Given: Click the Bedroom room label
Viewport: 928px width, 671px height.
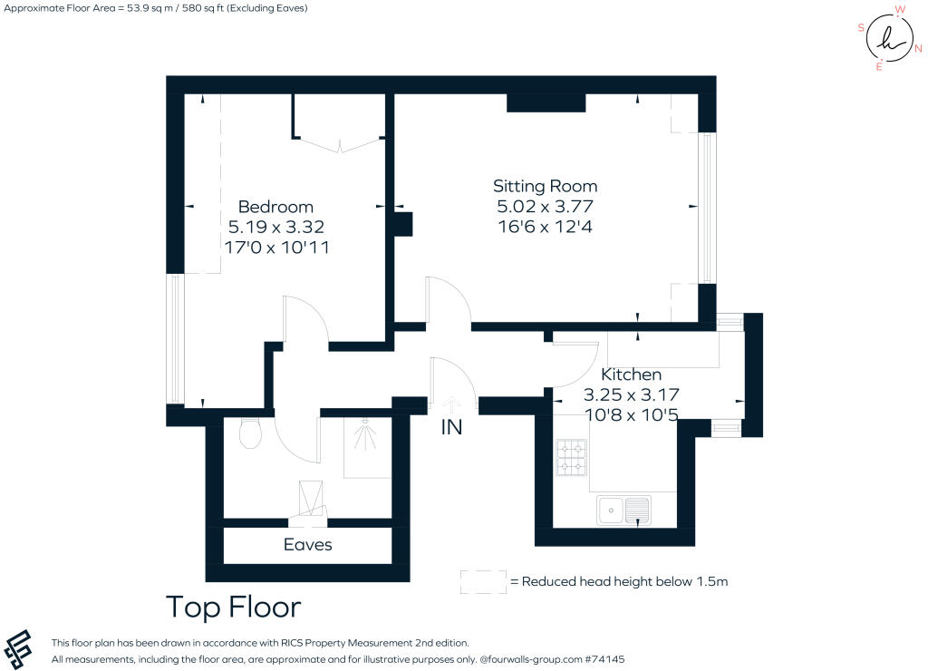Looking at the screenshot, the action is click(x=275, y=207).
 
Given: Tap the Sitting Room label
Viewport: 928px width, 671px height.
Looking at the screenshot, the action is click(x=545, y=187).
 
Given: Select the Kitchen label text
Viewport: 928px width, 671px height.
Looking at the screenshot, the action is click(x=631, y=374).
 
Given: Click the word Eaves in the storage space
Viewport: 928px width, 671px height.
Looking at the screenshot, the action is click(x=308, y=544).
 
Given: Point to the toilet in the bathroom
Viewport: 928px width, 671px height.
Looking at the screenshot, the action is click(x=251, y=433).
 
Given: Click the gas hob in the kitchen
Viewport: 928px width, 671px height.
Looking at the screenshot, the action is click(x=572, y=457).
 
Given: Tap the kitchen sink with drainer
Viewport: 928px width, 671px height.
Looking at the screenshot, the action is click(x=623, y=510).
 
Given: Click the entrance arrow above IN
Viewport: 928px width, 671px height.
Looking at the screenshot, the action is click(x=451, y=404).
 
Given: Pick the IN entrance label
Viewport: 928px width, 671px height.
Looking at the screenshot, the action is click(x=451, y=427).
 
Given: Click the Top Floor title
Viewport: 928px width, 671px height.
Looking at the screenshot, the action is click(x=234, y=607).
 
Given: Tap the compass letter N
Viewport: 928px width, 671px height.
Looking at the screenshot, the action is click(x=918, y=49).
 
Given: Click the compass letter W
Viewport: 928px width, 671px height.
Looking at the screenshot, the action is click(x=900, y=9).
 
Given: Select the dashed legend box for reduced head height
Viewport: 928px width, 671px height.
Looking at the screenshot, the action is click(x=483, y=581).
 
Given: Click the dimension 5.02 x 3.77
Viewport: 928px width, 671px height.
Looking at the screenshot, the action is click(x=545, y=207).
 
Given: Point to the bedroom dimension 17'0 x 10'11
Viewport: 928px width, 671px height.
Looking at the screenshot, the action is click(x=276, y=247).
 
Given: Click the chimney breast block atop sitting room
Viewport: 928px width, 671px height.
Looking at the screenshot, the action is click(x=546, y=103).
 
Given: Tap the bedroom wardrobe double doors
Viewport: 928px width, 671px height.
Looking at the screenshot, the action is click(x=340, y=144).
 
